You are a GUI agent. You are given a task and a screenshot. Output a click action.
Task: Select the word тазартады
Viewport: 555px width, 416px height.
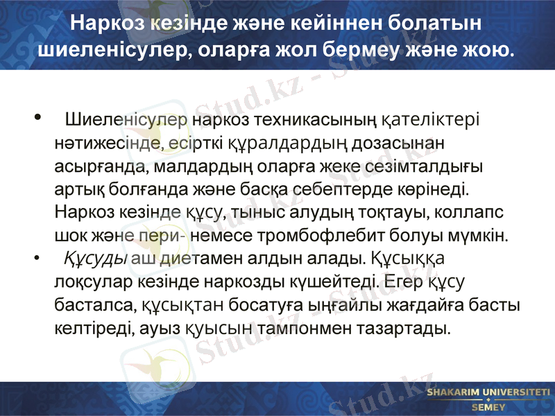point(402,327)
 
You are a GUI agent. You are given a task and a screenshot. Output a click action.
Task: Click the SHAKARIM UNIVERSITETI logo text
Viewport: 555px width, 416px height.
point(488,392)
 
